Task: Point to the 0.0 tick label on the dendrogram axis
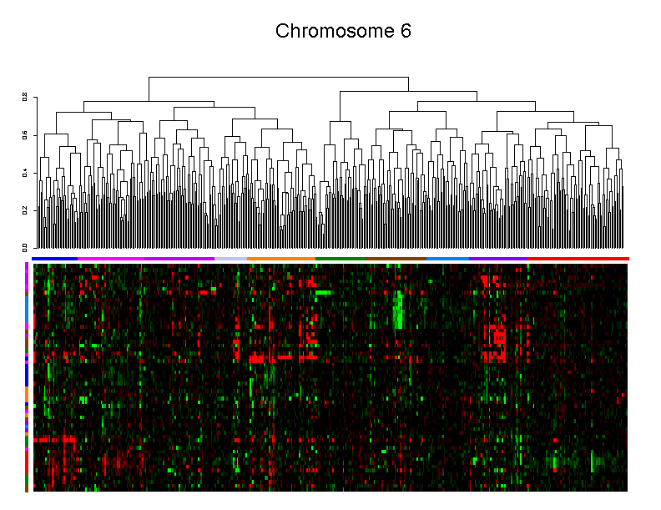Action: pyautogui.click(x=25, y=247)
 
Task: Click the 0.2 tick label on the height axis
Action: pyautogui.click(x=25, y=210)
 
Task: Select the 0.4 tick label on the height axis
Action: pyautogui.click(x=25, y=172)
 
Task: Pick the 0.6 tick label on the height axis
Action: pyautogui.click(x=25, y=134)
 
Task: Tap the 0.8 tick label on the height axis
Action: pyautogui.click(x=25, y=97)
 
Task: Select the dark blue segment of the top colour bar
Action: pyautogui.click(x=55, y=259)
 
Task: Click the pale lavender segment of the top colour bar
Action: pyautogui.click(x=231, y=259)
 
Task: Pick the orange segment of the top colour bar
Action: pyautogui.click(x=280, y=259)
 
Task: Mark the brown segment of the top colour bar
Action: pyautogui.click(x=397, y=259)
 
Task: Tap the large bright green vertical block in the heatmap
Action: pyautogui.click(x=399, y=310)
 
